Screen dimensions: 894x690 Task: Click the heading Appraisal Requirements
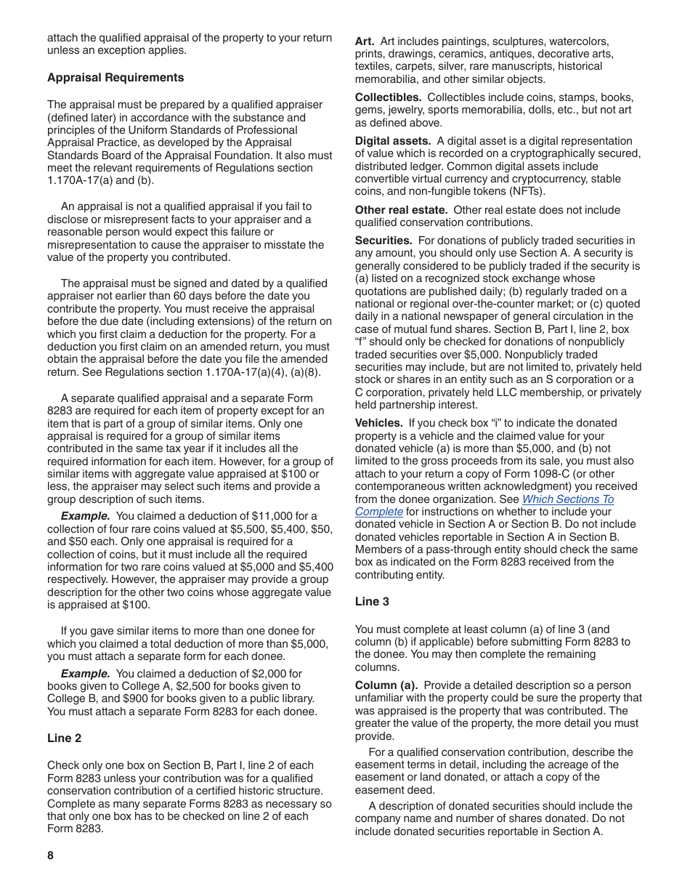(115, 78)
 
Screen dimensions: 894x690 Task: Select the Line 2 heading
(65, 738)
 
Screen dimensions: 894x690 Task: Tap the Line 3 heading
(372, 602)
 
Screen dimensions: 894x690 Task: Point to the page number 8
(51, 855)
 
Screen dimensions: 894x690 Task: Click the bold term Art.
(365, 41)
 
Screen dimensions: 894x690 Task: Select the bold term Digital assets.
(392, 141)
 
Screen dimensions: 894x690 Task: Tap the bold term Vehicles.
(378, 423)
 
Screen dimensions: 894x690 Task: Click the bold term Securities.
(383, 241)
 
